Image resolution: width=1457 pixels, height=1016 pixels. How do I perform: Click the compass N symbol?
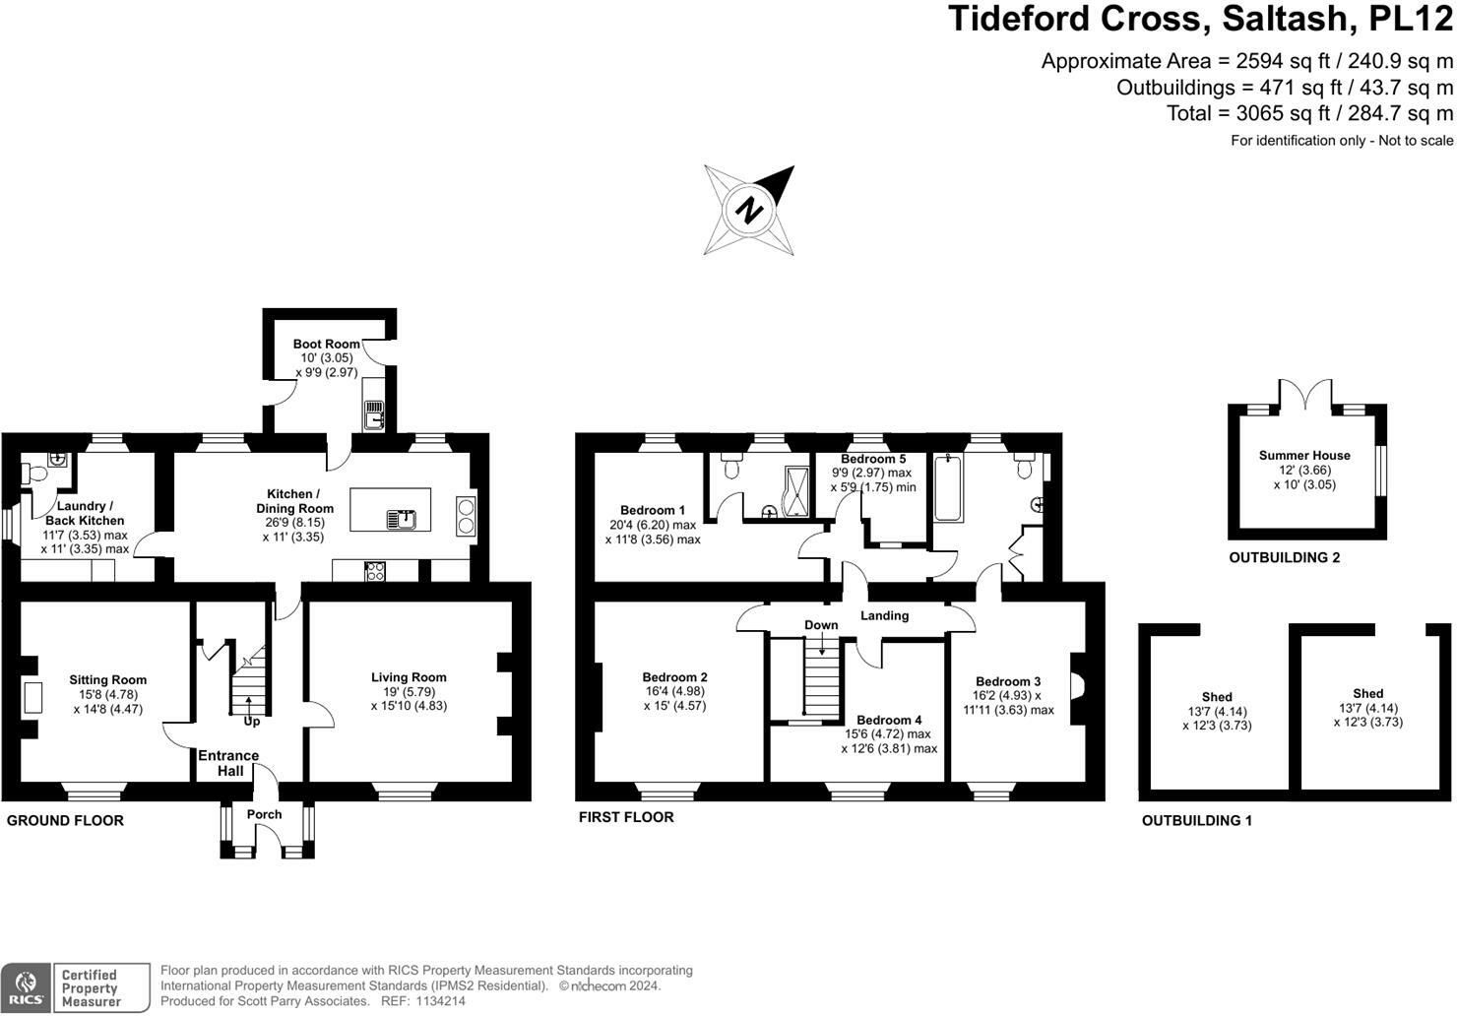749,210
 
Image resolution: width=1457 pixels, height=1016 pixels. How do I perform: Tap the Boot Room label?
327,344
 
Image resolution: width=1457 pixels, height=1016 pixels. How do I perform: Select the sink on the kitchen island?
402,520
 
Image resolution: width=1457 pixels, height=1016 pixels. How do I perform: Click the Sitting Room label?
108,679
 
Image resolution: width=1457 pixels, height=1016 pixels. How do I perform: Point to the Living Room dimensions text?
409,699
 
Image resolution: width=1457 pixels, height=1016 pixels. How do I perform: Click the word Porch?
264,814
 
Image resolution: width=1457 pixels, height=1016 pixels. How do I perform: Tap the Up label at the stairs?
252,722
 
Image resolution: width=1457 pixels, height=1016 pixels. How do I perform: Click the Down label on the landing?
821,625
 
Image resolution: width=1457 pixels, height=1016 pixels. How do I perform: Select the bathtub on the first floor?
948,488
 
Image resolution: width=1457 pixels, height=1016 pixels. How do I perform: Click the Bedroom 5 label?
873,459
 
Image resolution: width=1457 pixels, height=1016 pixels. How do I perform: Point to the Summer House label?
1304,455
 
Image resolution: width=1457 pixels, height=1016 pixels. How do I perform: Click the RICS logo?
26,988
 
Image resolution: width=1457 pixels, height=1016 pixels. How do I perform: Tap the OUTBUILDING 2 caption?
1284,557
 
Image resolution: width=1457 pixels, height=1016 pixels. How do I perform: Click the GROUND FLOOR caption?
65,820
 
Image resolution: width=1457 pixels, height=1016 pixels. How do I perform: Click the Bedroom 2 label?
674,677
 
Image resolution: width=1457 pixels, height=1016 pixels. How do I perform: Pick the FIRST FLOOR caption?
626,817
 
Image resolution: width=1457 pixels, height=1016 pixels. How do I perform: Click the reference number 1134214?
440,1001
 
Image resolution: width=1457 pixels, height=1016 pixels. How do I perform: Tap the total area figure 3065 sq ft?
1283,113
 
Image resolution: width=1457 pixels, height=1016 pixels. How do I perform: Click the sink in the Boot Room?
373,415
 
